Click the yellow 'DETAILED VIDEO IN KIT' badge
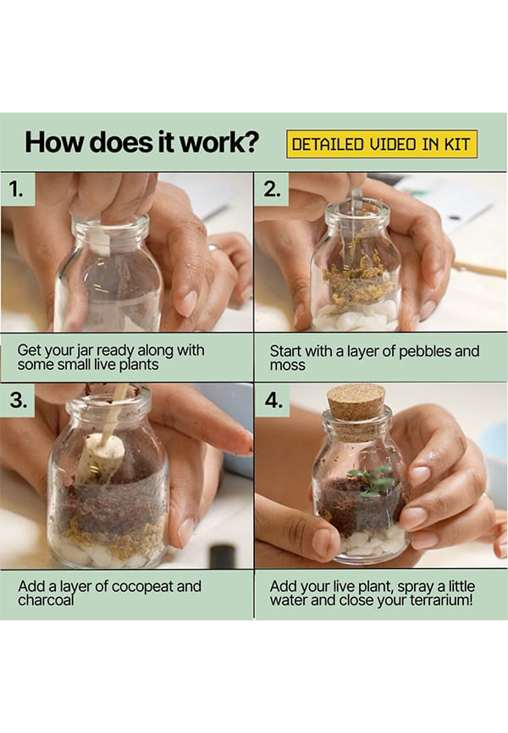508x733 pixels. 382,144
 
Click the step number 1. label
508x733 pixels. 17,189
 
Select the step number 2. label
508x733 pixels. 272,189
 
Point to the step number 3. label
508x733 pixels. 18,400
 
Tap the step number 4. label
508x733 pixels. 273,400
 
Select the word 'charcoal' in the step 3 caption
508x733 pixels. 46,600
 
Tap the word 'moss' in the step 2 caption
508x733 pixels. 287,366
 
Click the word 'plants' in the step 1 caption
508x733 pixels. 139,365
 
